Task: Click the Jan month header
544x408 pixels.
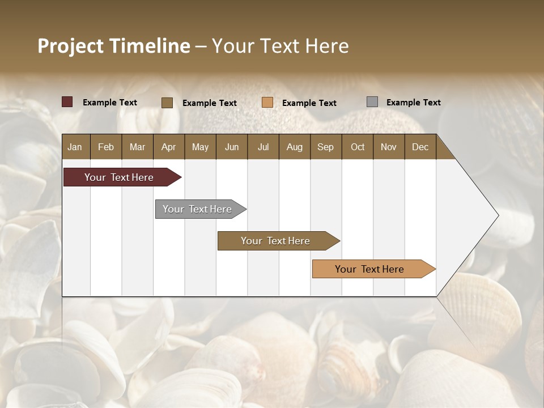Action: [75, 147]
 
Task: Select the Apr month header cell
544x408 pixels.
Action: [169, 147]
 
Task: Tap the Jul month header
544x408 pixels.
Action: [263, 147]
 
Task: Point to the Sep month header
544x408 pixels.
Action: [325, 147]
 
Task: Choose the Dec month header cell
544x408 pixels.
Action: [420, 147]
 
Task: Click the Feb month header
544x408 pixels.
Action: [106, 147]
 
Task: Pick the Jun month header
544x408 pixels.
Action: [232, 147]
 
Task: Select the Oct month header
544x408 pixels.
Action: [358, 147]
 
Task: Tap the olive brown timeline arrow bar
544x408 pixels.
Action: [277, 241]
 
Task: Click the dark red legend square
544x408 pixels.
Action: [67, 102]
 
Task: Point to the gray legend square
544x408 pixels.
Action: [372, 102]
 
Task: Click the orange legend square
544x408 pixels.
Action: [267, 102]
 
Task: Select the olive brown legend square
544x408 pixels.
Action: [167, 103]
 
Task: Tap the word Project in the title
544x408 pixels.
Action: [70, 46]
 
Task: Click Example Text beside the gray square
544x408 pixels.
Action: [413, 103]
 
